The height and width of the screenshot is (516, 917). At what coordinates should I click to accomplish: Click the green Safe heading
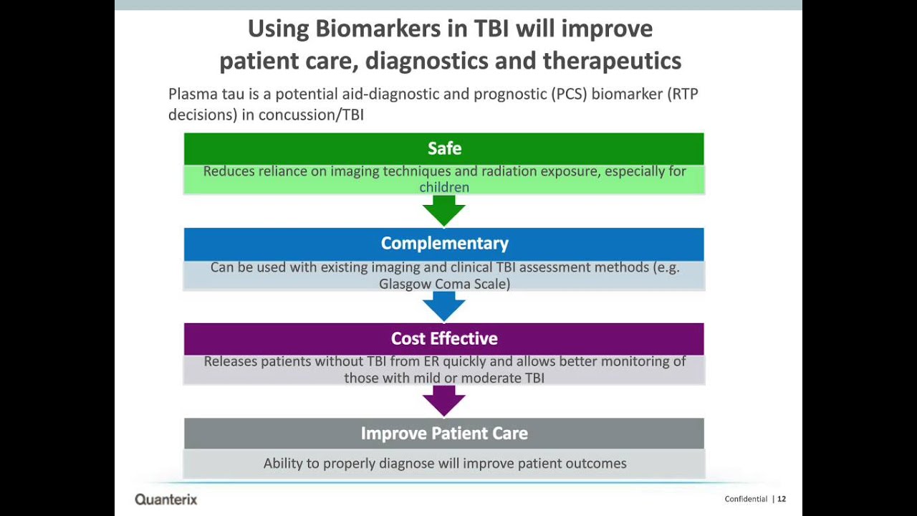[x=444, y=148]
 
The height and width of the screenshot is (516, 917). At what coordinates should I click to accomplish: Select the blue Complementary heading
[x=444, y=244]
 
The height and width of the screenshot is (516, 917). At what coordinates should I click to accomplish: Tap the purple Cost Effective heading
[x=444, y=338]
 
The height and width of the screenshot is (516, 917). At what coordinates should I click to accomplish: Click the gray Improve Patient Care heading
[x=444, y=434]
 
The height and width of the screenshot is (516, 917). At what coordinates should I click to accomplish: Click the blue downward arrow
[x=444, y=307]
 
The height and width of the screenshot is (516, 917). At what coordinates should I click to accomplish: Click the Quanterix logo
[x=165, y=500]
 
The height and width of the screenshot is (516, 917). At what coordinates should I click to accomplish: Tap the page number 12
[x=782, y=499]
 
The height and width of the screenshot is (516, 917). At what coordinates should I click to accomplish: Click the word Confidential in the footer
[x=746, y=499]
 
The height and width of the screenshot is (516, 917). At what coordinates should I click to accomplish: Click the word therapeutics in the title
[x=612, y=61]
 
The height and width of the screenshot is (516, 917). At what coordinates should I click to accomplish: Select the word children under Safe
[x=444, y=188]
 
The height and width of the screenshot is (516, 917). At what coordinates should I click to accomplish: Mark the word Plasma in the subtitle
[x=190, y=94]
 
